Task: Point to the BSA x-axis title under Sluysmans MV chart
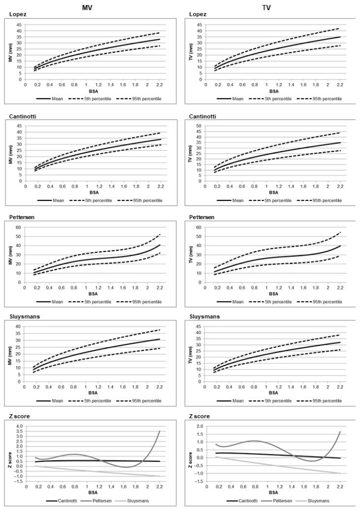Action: pos(92,394)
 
